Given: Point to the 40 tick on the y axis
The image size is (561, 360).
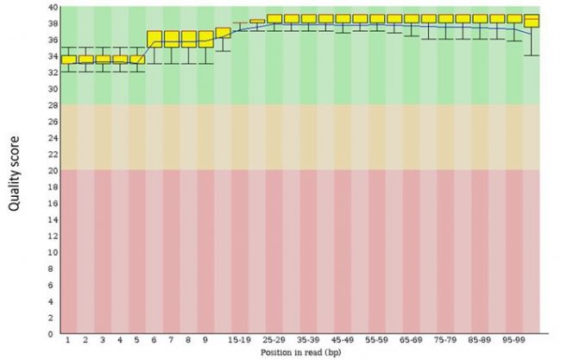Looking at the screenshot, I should click(53, 7).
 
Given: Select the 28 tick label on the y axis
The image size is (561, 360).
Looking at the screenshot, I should click(53, 105).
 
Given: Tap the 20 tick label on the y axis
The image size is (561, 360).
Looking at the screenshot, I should click(53, 171).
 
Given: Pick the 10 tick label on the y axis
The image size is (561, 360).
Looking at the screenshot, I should click(53, 252).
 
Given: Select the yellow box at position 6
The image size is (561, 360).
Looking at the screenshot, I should click(155, 39).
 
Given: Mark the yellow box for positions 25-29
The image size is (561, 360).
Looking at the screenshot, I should click(275, 18).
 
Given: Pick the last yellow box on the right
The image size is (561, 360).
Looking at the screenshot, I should click(532, 21).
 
